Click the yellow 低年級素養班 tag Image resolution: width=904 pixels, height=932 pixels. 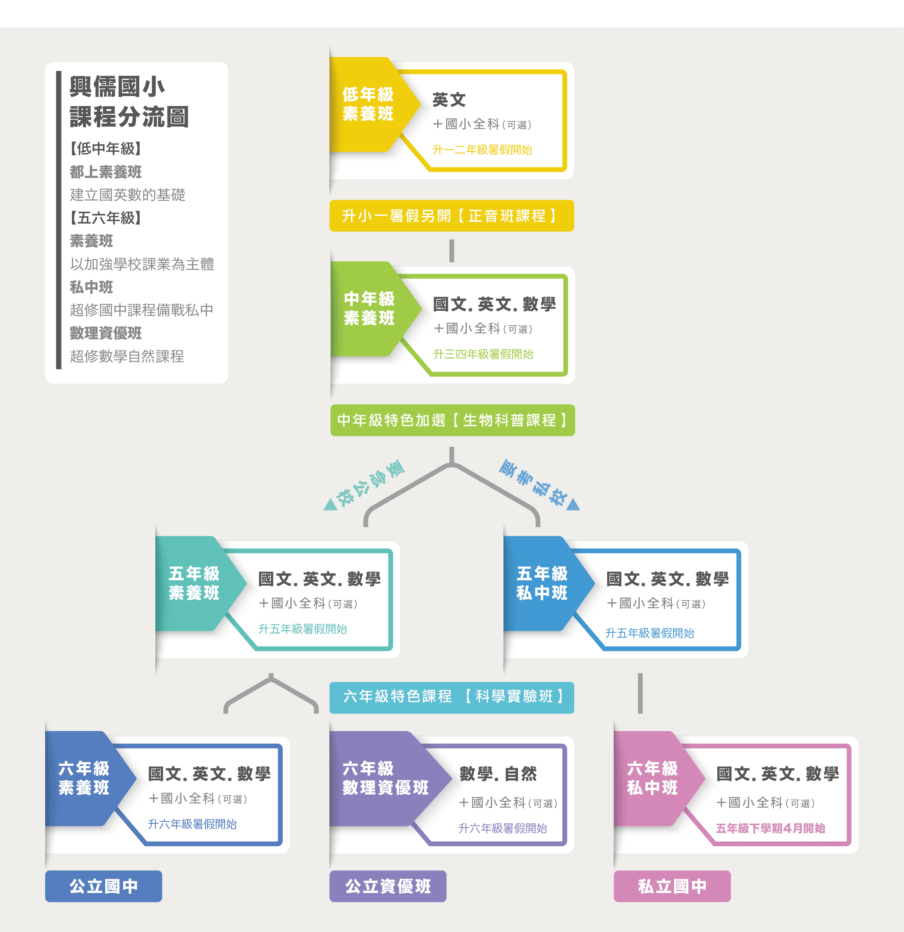pos(371,104)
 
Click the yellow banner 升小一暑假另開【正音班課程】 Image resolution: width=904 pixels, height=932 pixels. pos(451,216)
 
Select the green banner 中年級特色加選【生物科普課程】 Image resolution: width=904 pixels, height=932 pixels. pos(453,420)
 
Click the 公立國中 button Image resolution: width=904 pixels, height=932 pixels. pos(104,886)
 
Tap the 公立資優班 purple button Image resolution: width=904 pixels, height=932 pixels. pos(388,886)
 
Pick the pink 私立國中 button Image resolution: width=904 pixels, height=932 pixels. pos(672,886)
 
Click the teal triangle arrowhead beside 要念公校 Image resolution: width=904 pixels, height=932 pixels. pos(330,505)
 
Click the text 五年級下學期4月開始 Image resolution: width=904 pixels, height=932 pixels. pos(770,828)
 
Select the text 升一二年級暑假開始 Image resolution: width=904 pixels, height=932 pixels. pos(482,150)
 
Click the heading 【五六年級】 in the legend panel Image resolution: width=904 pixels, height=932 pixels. pos(106,218)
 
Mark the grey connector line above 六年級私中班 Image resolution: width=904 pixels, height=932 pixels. pos(640,693)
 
